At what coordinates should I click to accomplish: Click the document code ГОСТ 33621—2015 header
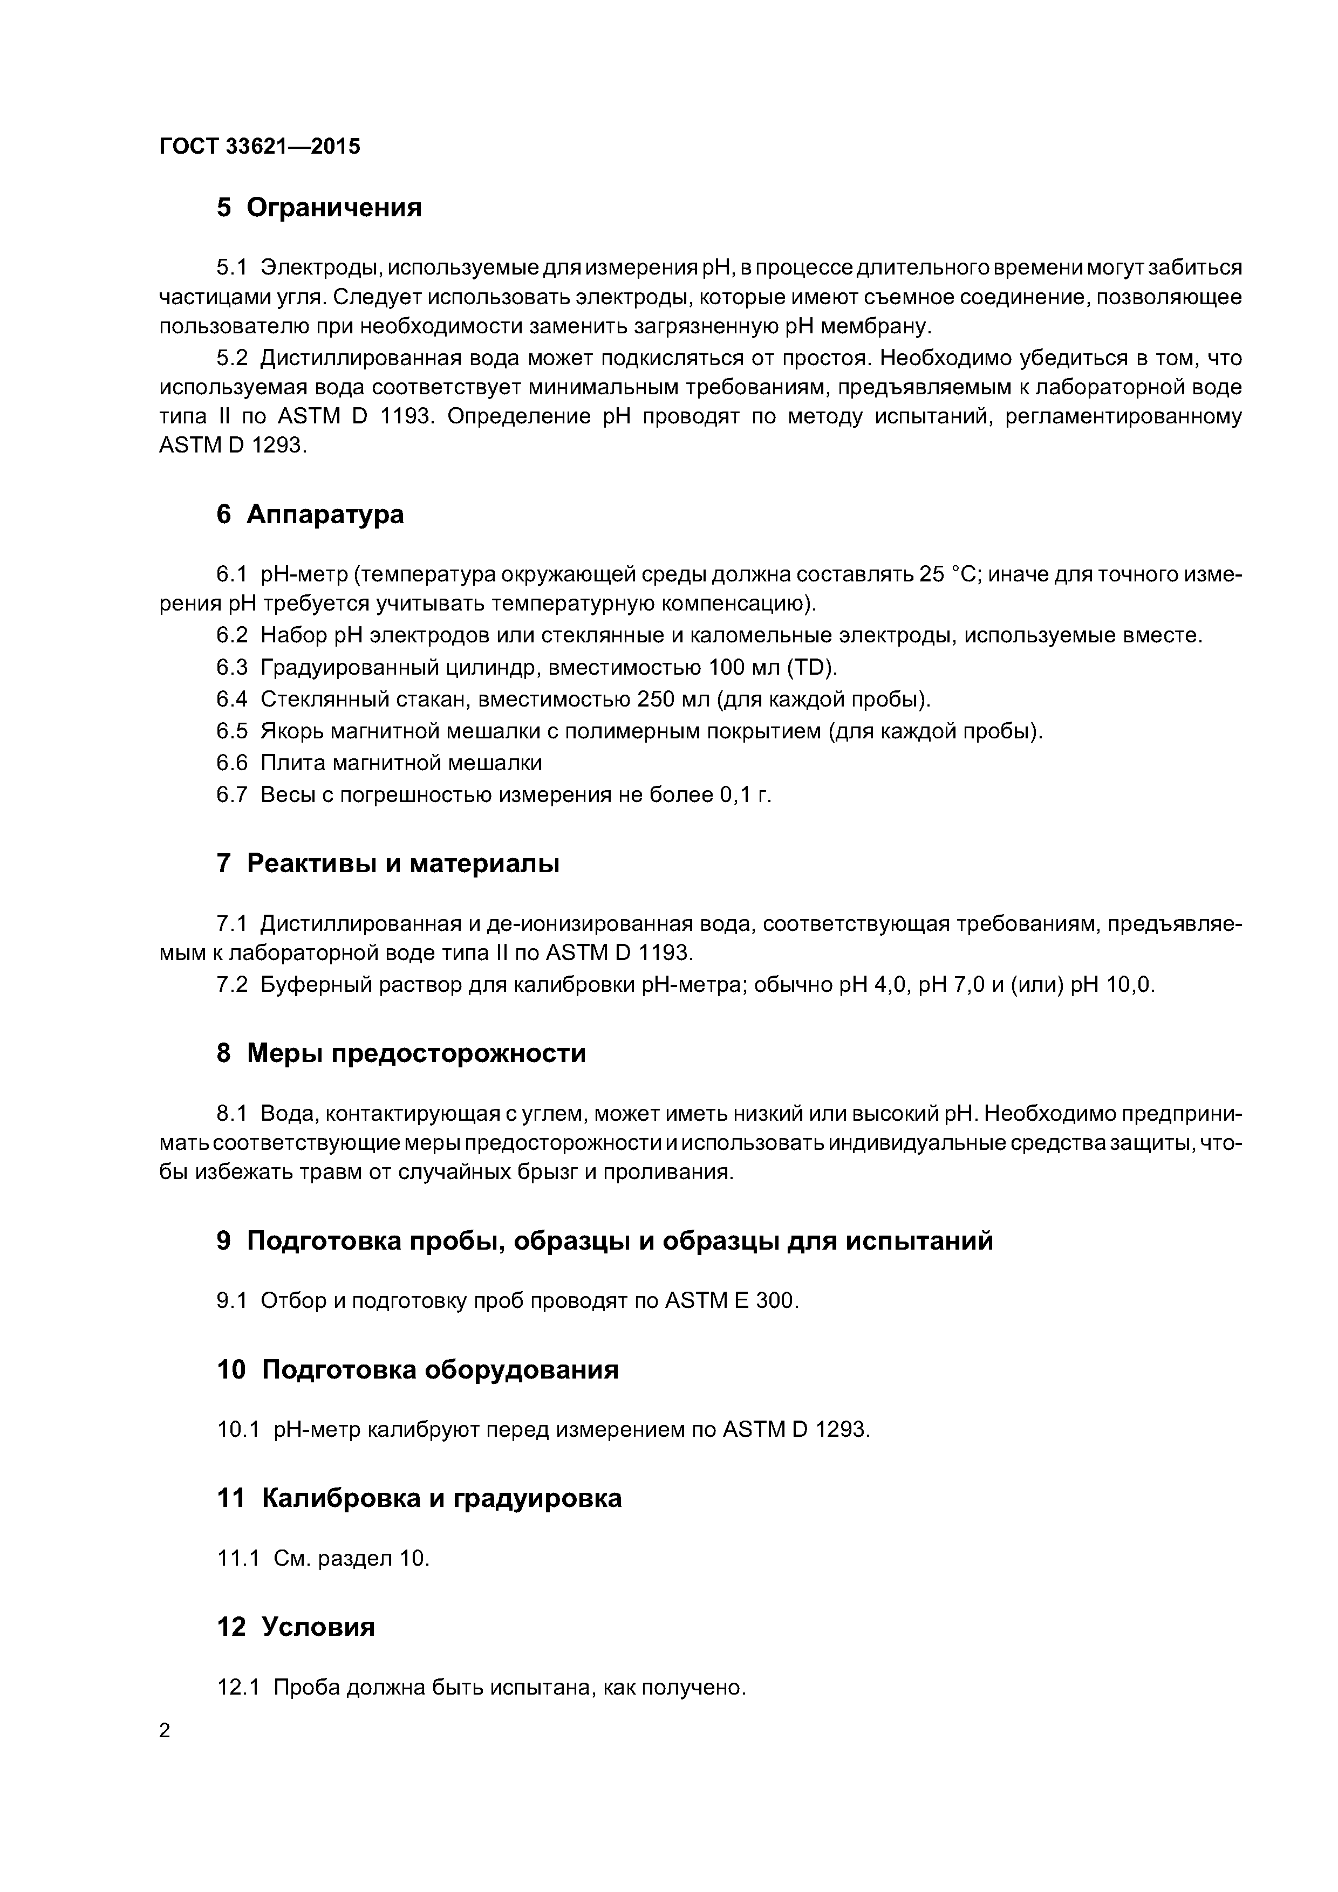[260, 147]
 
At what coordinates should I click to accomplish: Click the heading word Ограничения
[334, 208]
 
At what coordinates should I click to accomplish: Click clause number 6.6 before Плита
[231, 763]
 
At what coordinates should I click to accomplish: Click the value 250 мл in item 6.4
[673, 700]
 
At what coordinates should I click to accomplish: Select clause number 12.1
[237, 1688]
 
